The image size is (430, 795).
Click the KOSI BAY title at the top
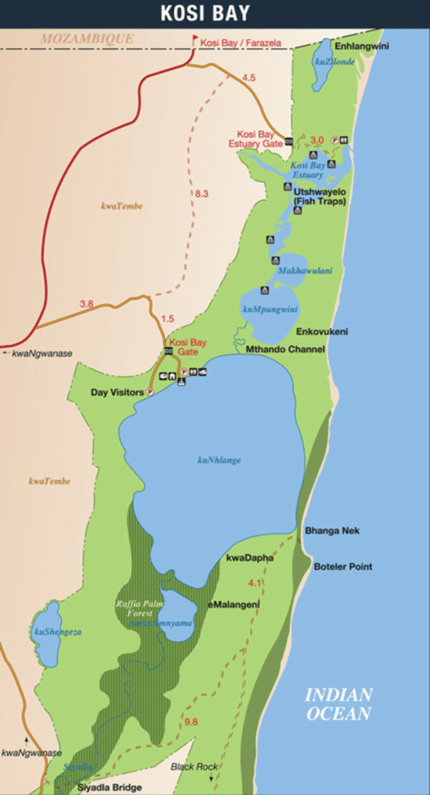point(215,13)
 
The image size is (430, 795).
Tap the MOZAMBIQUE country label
point(87,38)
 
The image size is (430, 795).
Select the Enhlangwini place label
point(362,46)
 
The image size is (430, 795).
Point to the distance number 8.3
point(201,193)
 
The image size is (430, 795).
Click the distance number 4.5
point(248,78)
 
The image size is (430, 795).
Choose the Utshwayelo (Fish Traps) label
point(320,196)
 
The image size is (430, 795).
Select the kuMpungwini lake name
point(270,309)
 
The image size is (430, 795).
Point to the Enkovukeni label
point(322,332)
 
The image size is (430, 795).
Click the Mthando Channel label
point(285,349)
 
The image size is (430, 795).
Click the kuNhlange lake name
point(219,460)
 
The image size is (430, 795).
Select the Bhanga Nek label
point(332,531)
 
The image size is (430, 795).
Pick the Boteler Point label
point(342,567)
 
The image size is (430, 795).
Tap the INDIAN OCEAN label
point(338,704)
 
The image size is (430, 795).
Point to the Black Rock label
point(194,766)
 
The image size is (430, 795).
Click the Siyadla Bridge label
point(109,786)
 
